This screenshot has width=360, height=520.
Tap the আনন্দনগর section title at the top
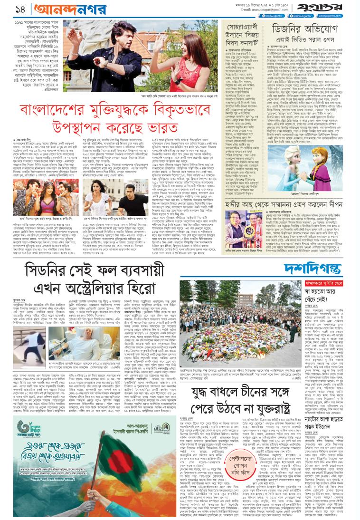55,9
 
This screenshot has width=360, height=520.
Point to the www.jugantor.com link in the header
343,16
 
